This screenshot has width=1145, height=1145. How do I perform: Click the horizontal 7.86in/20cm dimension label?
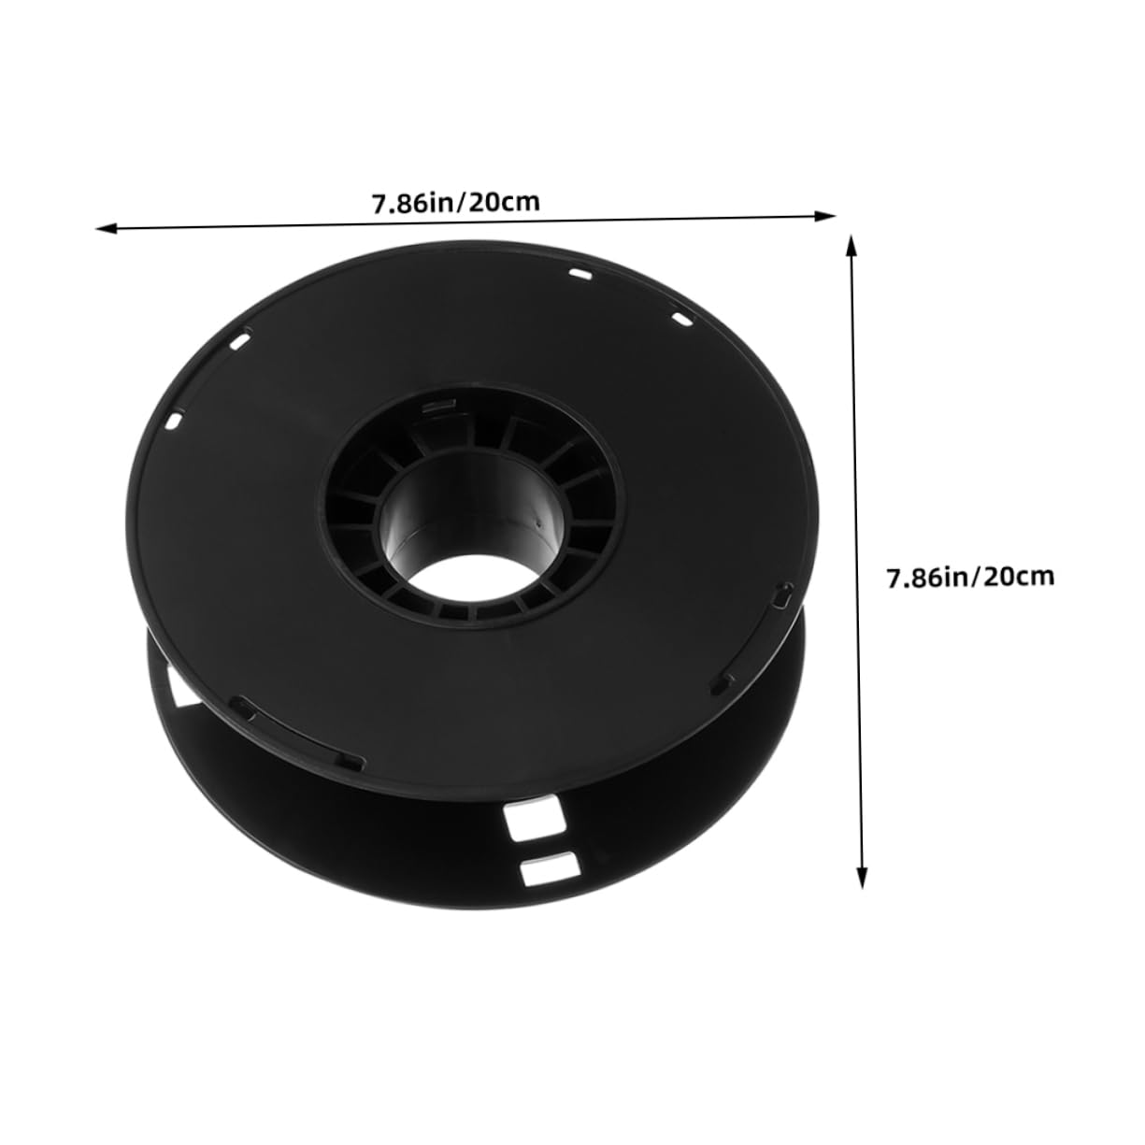point(456,203)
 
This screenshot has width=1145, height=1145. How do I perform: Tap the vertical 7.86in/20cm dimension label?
point(970,576)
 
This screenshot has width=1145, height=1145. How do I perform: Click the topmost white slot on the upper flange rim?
point(580,275)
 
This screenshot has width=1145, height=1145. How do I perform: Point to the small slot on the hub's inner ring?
point(437,407)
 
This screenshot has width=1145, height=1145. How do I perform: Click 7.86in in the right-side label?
point(929,577)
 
